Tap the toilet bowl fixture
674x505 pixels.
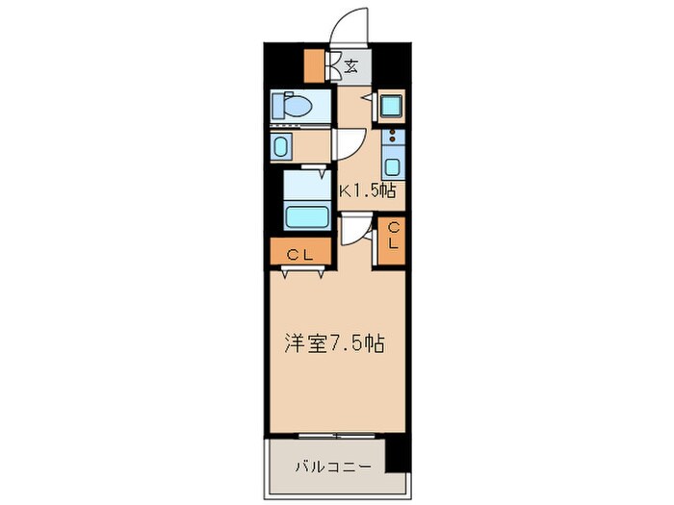pyautogui.click(x=291, y=104)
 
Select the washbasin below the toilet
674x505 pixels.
pyautogui.click(x=281, y=146)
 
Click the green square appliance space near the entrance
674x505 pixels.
pyautogui.click(x=391, y=106)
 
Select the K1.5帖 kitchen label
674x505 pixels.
pyautogui.click(x=366, y=189)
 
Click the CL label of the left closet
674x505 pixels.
pyautogui.click(x=299, y=254)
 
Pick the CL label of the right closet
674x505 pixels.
pyautogui.click(x=393, y=237)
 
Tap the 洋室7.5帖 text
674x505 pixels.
pyautogui.click(x=334, y=342)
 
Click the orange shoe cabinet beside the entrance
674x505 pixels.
pyautogui.click(x=314, y=64)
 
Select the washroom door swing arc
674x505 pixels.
pyautogui.click(x=347, y=144)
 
